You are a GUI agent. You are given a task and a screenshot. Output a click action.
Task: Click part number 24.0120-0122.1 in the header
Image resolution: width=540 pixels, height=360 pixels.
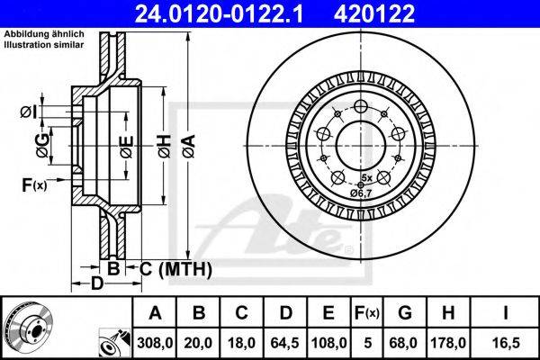click(219, 13)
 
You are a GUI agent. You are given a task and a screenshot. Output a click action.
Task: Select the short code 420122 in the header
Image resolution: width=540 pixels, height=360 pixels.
click(374, 13)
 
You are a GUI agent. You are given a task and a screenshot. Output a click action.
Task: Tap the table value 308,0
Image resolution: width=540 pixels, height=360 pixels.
click(155, 343)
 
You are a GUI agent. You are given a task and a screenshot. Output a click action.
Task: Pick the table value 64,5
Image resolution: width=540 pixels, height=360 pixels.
click(285, 343)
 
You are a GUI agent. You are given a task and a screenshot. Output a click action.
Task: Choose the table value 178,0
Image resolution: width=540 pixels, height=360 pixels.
click(448, 343)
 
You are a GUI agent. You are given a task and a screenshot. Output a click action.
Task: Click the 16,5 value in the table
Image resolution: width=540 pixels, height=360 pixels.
click(506, 343)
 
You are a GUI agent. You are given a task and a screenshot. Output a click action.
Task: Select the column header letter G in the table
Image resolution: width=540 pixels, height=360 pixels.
click(405, 313)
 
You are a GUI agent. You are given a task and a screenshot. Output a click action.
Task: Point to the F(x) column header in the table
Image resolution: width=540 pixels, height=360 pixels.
click(367, 313)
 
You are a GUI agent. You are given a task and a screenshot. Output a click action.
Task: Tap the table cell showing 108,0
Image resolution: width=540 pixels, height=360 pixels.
click(328, 343)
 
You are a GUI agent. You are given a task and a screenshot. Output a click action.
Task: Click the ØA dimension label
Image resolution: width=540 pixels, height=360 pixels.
click(189, 146)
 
